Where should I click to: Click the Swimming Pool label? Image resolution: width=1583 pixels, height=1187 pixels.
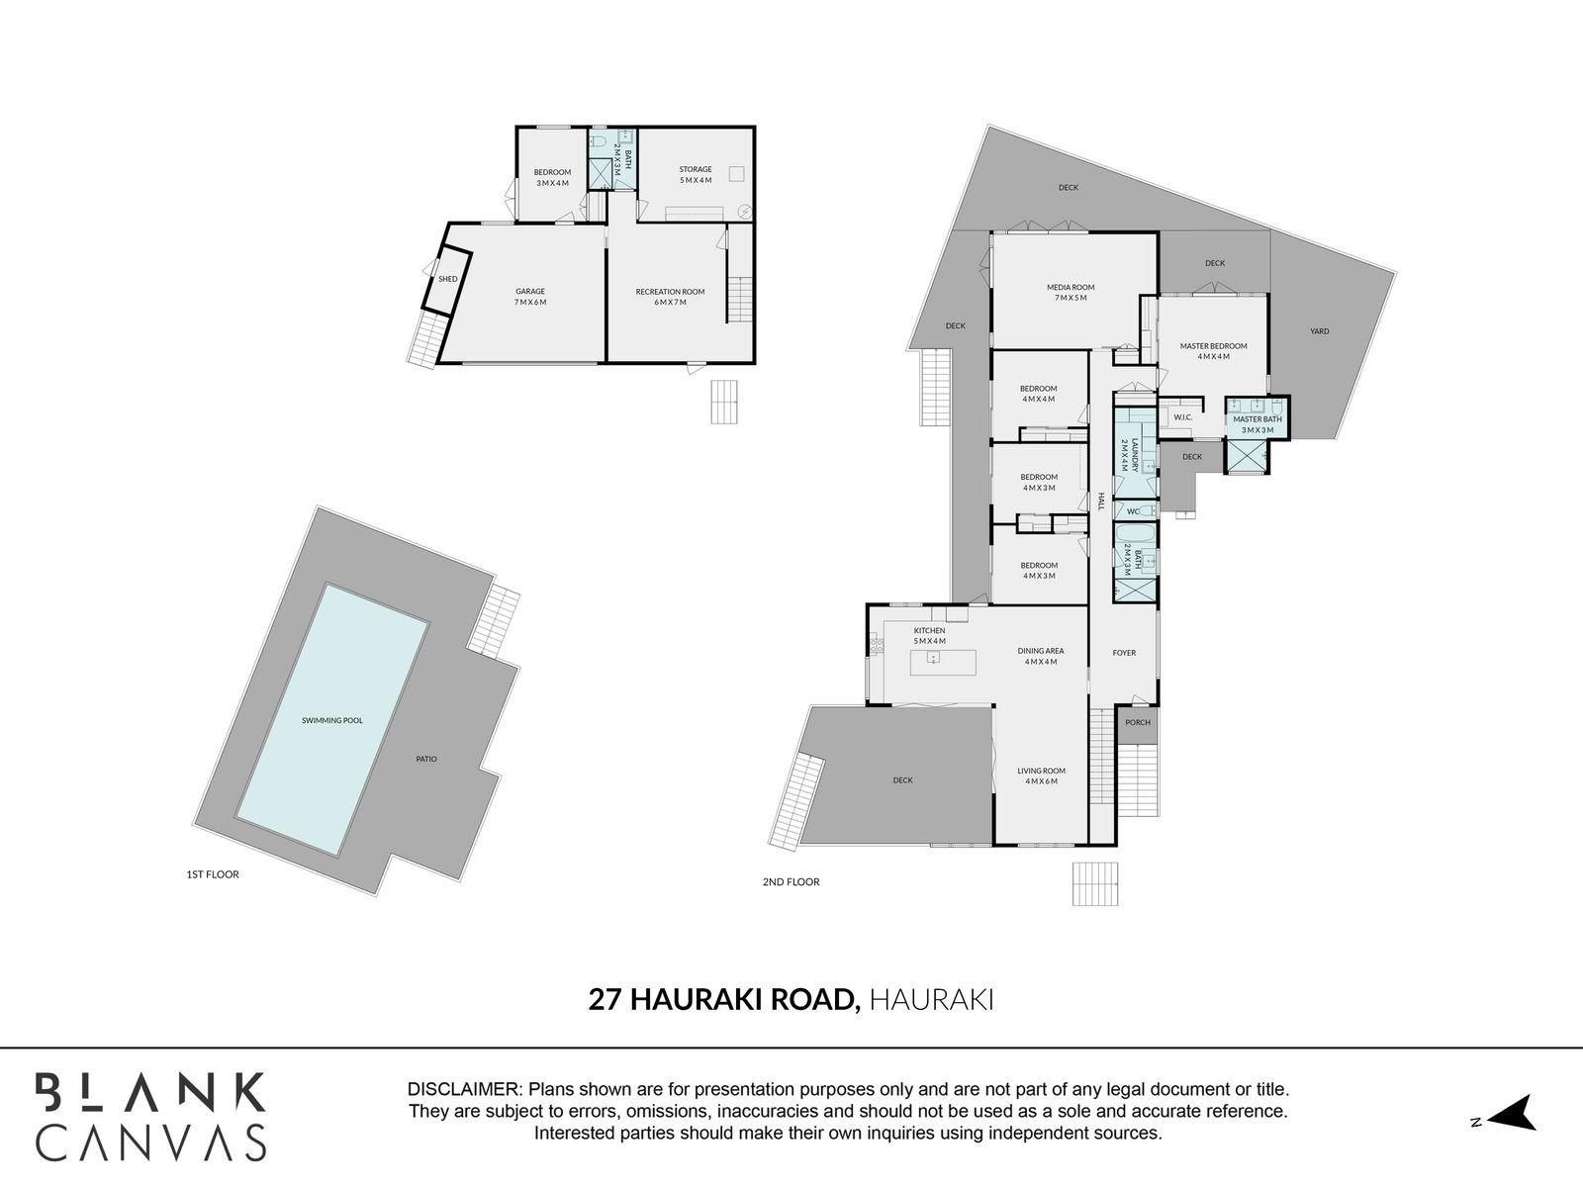coord(332,720)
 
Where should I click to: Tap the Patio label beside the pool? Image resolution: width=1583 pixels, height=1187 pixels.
coord(426,759)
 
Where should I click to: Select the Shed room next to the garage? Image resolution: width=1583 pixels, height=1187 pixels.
coord(448,279)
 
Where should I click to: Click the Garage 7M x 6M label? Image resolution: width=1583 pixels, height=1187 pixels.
coord(530,296)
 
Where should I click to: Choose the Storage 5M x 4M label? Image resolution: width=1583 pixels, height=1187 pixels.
coord(696,174)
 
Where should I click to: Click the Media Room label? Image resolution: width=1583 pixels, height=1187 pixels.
coord(1071,292)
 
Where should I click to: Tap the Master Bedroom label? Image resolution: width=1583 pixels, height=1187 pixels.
coord(1213,350)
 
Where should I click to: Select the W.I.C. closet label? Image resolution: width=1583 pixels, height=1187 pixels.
coord(1183,417)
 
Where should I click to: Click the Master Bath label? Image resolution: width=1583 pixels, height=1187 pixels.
coord(1257,423)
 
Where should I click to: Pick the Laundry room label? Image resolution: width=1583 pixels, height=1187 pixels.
coord(1135,454)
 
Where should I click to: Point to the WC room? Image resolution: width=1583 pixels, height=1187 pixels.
coord(1134,510)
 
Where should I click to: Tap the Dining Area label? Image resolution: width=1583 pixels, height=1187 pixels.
coord(1041,656)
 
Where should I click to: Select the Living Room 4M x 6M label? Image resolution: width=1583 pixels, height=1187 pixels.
coord(1041,776)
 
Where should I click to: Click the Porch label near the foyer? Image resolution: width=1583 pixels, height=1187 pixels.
coord(1138,722)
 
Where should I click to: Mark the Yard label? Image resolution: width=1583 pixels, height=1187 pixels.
coord(1319,331)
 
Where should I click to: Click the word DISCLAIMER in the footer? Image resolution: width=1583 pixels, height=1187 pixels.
coord(464,1089)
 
